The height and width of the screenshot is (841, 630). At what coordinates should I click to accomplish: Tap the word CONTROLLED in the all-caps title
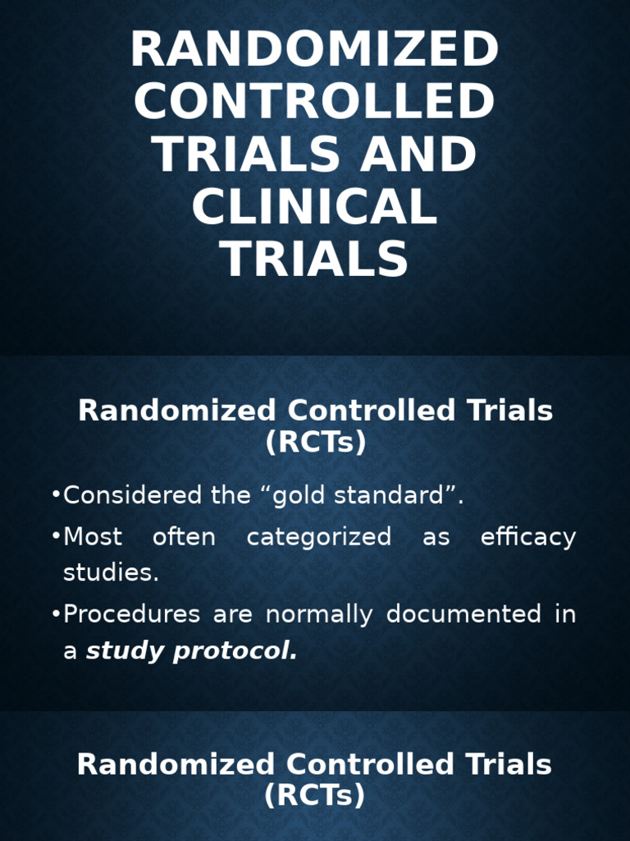click(x=314, y=102)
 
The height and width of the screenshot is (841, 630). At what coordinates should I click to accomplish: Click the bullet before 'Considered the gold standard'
click(x=56, y=496)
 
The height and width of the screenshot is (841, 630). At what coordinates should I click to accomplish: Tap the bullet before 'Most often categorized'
click(x=56, y=538)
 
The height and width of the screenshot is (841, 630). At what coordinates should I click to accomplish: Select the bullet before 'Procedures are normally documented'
click(x=56, y=614)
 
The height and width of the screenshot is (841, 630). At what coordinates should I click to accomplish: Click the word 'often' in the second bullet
click(x=184, y=538)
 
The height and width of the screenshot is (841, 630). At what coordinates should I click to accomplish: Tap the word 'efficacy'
click(x=528, y=538)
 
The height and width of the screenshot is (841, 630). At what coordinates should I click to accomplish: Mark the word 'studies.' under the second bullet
click(x=111, y=573)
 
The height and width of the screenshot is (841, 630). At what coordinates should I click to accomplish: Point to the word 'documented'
click(x=463, y=614)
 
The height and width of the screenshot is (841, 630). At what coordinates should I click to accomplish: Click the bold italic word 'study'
click(x=121, y=651)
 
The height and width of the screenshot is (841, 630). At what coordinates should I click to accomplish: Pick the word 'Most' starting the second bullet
click(x=93, y=538)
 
